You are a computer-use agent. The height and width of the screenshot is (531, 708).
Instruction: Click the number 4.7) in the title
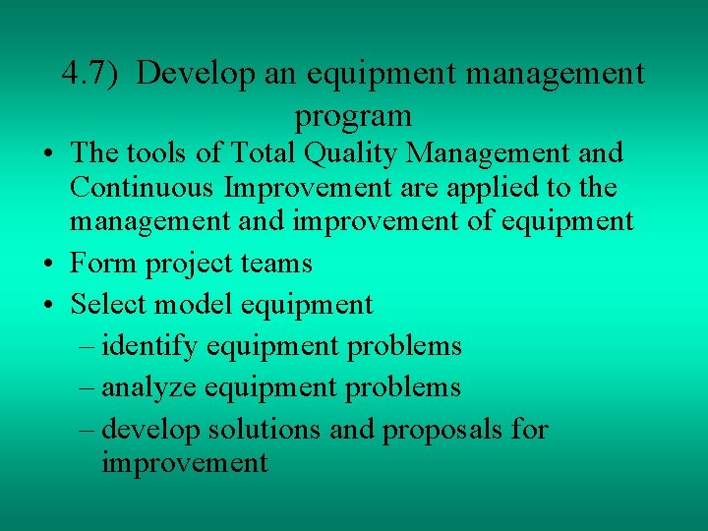click(90, 75)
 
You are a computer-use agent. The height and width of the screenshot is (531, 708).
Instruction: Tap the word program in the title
click(353, 117)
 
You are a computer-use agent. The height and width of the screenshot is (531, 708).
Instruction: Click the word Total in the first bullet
click(265, 153)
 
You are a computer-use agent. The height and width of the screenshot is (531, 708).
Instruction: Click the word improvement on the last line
click(184, 463)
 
